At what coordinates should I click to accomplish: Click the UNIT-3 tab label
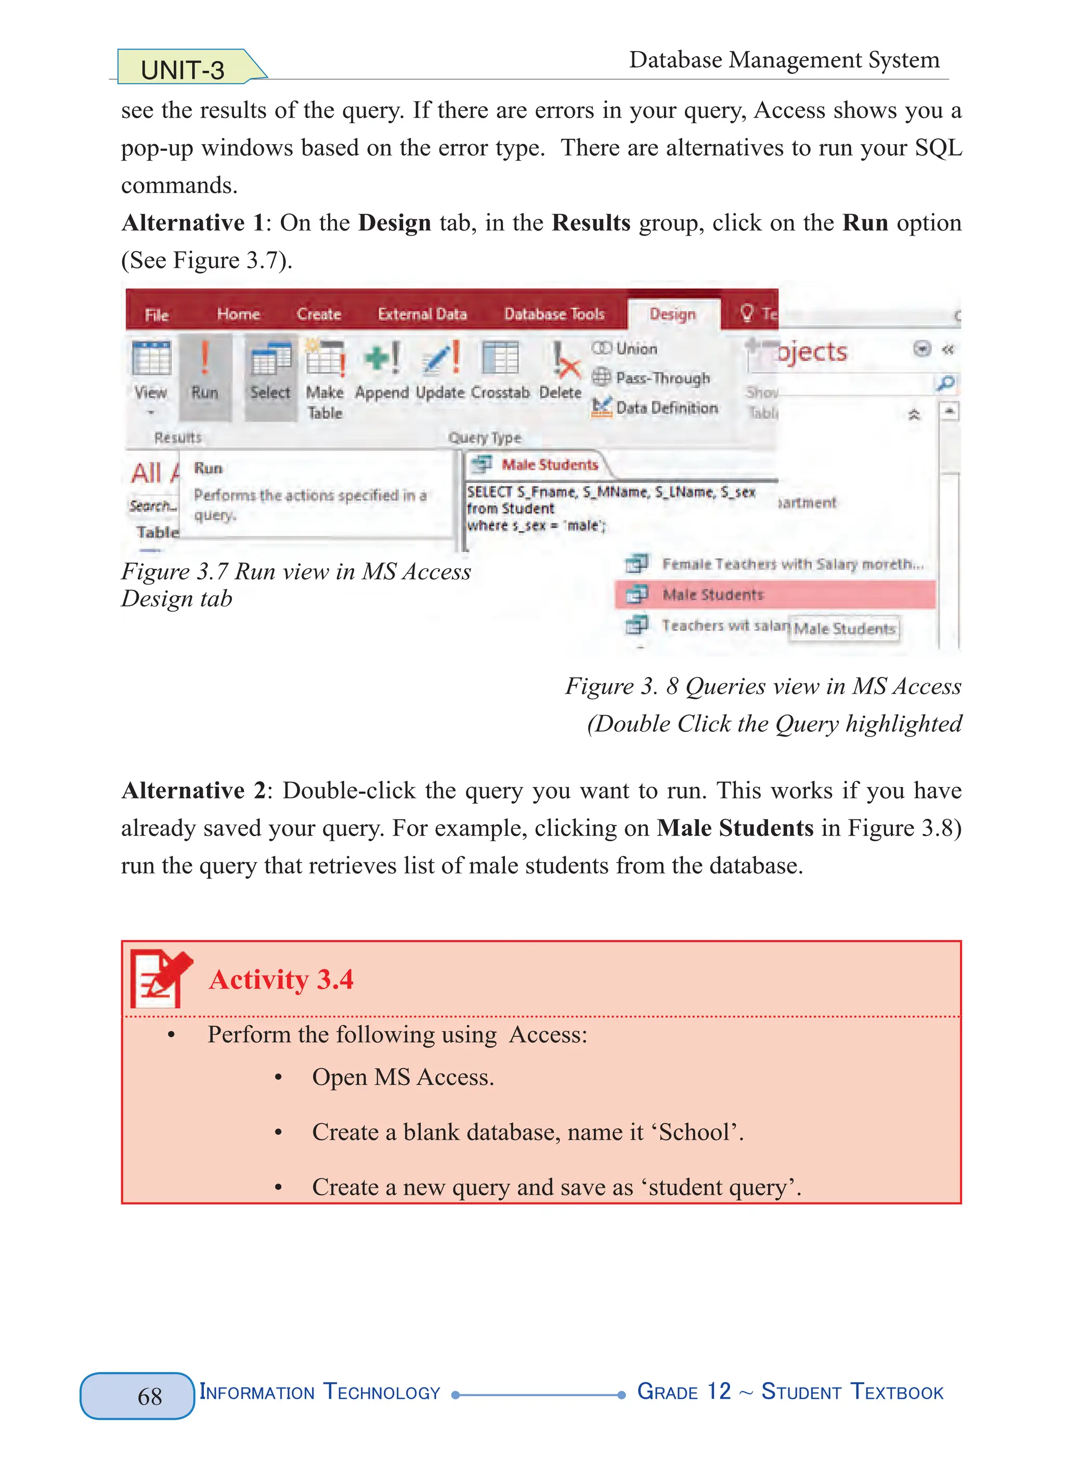183,70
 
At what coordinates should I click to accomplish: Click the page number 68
150,1396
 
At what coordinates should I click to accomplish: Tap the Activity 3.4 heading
281,980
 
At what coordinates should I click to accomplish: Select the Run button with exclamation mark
204,371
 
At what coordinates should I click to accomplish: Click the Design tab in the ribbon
673,314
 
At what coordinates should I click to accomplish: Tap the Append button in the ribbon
382,371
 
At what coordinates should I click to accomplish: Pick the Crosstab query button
500,371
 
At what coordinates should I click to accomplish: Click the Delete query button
561,371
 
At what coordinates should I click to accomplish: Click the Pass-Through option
652,378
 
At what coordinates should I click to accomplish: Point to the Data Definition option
655,408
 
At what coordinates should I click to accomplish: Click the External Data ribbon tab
422,314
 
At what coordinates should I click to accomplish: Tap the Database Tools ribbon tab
554,314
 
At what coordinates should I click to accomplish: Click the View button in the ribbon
150,375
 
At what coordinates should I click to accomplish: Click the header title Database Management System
784,60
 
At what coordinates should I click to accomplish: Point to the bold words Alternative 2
193,790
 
